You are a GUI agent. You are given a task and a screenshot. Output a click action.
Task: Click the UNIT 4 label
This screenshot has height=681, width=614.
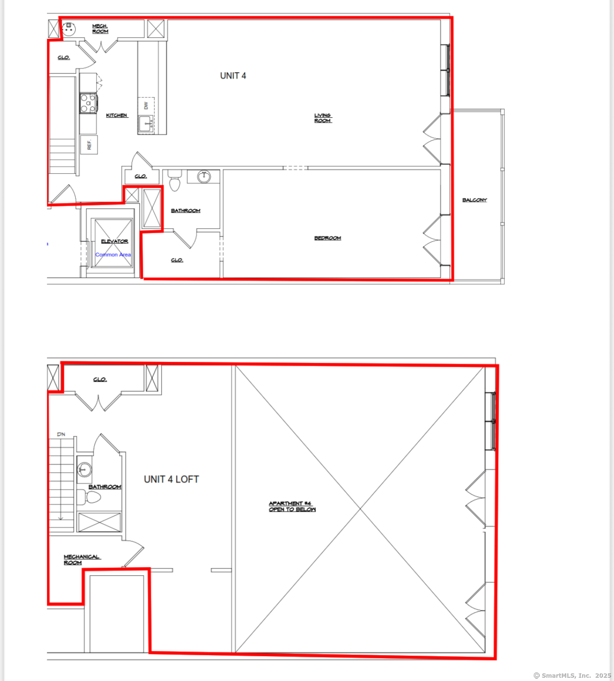coord(233,76)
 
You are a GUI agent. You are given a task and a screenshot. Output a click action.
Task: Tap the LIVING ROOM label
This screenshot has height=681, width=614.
coord(323,118)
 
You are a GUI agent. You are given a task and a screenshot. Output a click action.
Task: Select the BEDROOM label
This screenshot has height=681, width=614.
coord(328,238)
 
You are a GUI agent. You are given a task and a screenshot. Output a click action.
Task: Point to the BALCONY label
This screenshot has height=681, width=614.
coord(474,200)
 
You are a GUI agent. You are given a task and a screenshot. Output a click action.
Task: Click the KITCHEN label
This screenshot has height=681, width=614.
coord(117,115)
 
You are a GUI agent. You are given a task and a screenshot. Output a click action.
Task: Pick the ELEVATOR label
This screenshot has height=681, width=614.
coord(114,241)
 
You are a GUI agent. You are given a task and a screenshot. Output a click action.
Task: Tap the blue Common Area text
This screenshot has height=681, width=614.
coord(113,255)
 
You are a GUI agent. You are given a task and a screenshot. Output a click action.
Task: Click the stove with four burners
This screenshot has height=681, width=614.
coord(88,103)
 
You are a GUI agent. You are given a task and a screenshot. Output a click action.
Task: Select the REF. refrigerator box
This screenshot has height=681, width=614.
coord(89,145)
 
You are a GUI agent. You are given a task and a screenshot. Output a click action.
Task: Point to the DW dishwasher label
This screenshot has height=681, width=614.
coord(146,106)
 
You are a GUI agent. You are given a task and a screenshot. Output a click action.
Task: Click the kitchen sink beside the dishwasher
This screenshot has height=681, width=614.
coord(145,123)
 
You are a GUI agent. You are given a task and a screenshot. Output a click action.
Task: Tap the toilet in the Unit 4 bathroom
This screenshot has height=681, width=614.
coord(175,180)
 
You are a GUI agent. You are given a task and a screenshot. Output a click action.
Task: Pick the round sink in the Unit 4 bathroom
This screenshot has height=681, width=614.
coord(204,177)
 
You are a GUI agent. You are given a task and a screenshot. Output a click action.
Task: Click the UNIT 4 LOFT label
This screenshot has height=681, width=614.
coord(171,480)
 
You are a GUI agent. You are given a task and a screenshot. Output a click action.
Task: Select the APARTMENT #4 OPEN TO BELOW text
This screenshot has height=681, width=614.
coord(292,506)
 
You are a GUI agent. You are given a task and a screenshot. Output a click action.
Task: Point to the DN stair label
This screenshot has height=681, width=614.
coord(61,434)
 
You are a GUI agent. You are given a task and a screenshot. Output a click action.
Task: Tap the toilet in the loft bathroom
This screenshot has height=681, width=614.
coord(89,497)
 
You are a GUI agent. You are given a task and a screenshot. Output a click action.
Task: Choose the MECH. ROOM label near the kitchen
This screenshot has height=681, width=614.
coord(100,29)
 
